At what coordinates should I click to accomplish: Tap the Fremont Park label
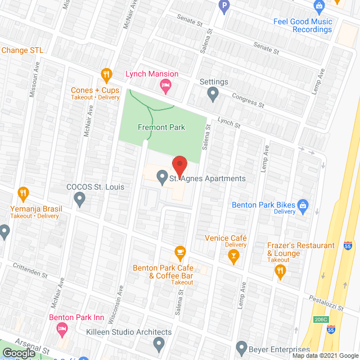(x=161, y=128)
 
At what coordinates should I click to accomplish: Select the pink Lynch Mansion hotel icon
(x=165, y=87)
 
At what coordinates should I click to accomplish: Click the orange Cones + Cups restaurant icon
(x=106, y=74)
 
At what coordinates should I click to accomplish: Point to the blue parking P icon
(x=224, y=7)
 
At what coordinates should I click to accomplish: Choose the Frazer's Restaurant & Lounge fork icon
(x=280, y=272)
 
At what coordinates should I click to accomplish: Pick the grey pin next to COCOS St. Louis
(x=79, y=198)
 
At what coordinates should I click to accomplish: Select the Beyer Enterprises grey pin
(x=241, y=346)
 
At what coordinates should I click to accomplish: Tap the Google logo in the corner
(x=19, y=353)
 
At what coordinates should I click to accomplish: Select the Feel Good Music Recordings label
(x=303, y=26)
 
